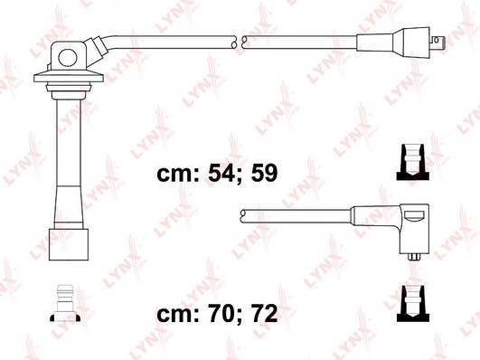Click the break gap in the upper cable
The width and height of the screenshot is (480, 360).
(x=237, y=42)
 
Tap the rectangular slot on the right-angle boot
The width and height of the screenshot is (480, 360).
(x=413, y=214)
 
